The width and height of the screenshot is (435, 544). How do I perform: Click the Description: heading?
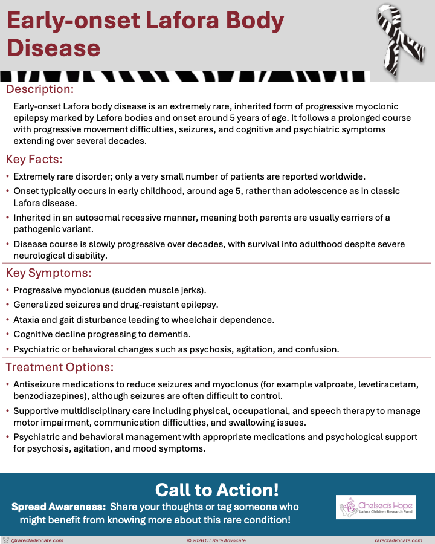click(40, 89)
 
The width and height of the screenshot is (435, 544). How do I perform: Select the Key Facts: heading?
click(34, 160)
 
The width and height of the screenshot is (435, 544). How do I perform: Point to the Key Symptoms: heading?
click(48, 273)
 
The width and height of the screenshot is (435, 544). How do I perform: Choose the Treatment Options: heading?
click(59, 367)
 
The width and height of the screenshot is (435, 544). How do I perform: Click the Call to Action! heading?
click(217, 489)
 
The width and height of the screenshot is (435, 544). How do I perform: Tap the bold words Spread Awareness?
click(59, 507)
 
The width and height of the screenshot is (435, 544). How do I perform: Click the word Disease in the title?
click(53, 47)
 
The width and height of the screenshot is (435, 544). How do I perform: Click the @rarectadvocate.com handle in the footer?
click(37, 540)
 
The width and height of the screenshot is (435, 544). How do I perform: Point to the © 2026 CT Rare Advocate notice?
click(217, 540)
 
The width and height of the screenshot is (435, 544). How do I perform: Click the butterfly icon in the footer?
click(6, 540)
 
